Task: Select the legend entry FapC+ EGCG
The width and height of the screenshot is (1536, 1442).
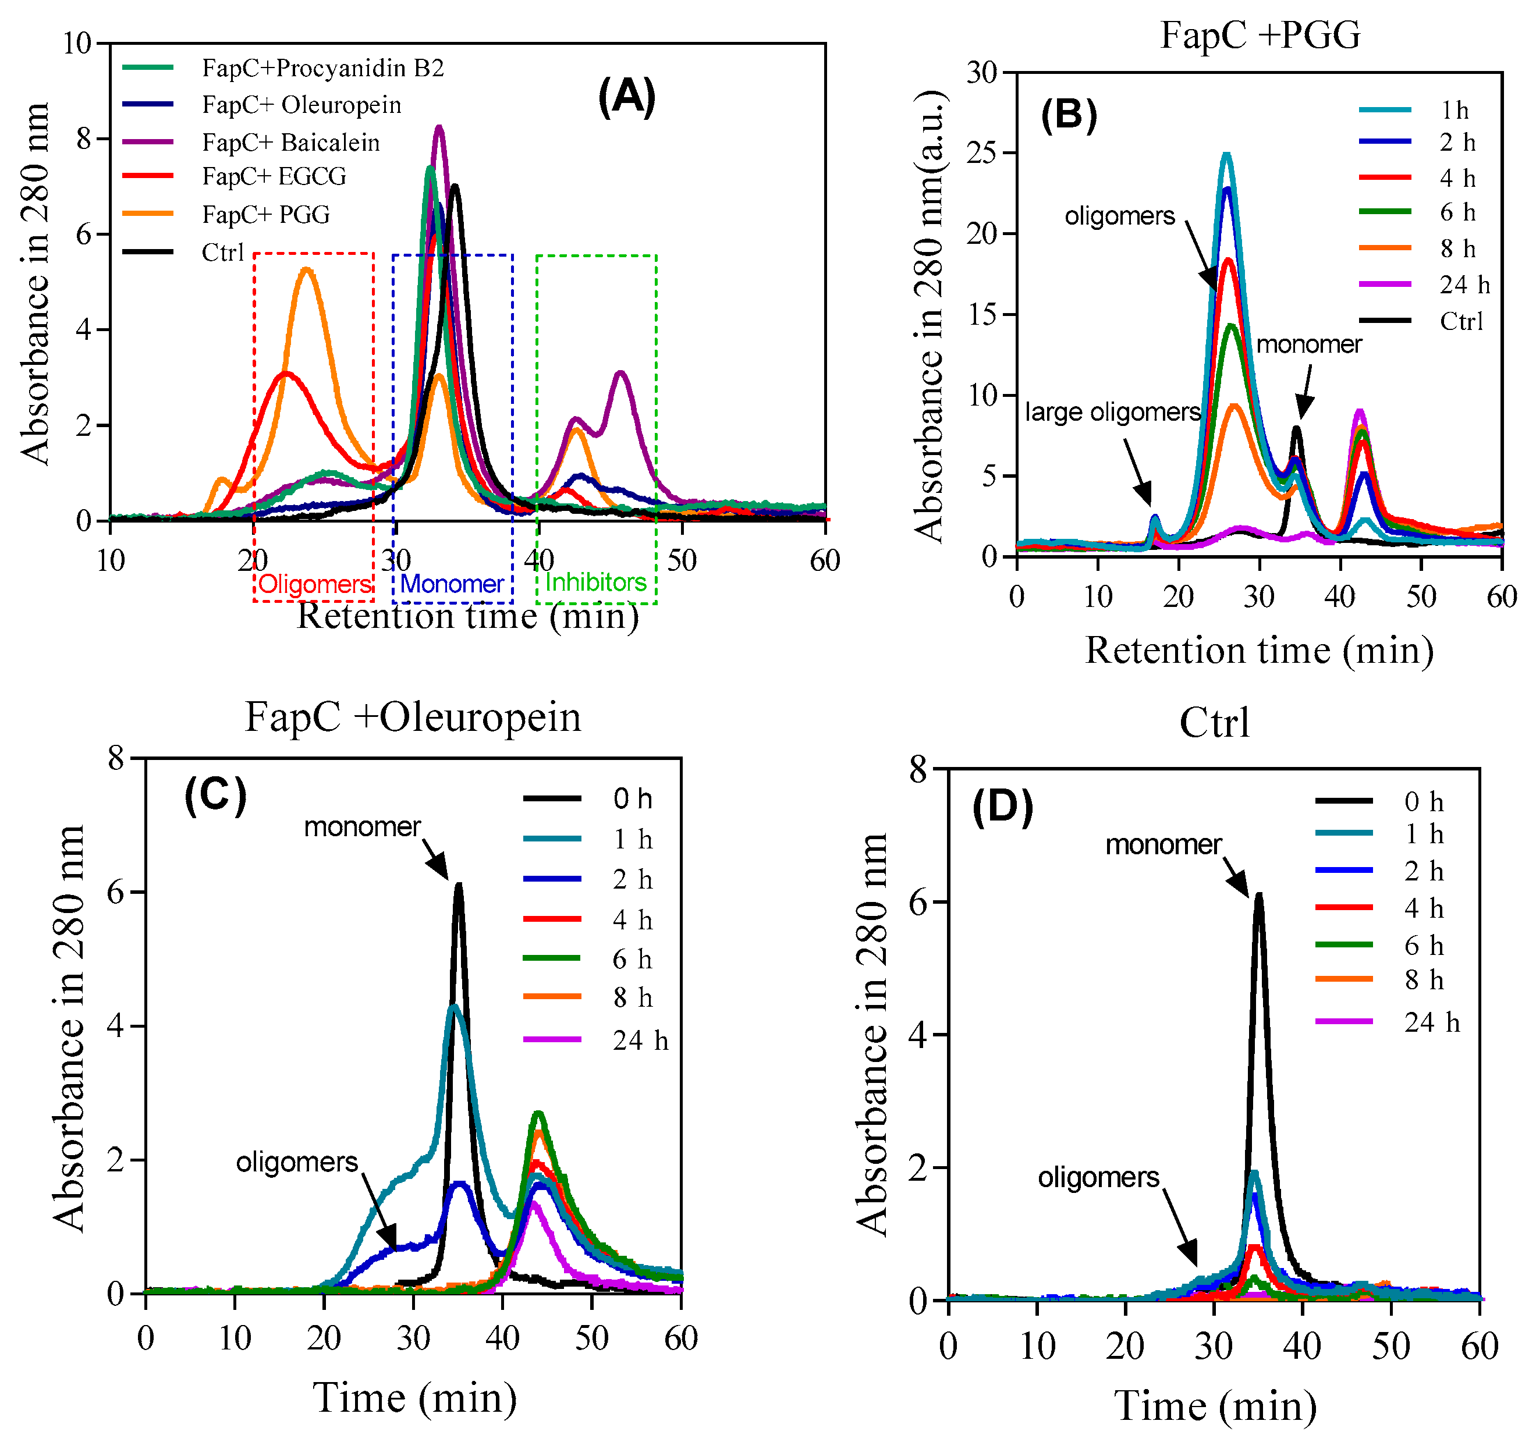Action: click(x=274, y=177)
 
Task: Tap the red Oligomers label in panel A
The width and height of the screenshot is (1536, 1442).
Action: click(x=314, y=584)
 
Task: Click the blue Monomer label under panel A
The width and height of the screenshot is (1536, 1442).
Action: click(x=452, y=584)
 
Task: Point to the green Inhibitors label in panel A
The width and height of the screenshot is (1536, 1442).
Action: click(x=595, y=583)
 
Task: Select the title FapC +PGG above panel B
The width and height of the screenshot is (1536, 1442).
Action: click(x=1260, y=35)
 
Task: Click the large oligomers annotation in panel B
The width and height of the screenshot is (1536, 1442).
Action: click(x=1113, y=413)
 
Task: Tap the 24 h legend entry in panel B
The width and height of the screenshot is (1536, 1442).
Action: click(x=1464, y=285)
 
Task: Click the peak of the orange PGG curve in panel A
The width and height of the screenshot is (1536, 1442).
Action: click(x=307, y=269)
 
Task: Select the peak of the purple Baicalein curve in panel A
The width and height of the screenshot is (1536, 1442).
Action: click(x=439, y=127)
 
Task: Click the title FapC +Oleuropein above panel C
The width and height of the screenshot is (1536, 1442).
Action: click(x=413, y=717)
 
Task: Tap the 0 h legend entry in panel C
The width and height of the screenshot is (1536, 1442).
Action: click(x=632, y=798)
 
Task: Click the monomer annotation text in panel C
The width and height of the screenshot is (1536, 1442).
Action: click(x=363, y=827)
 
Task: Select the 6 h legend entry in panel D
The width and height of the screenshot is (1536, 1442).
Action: click(x=1423, y=946)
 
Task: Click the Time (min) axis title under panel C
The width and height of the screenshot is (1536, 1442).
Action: click(x=415, y=1398)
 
